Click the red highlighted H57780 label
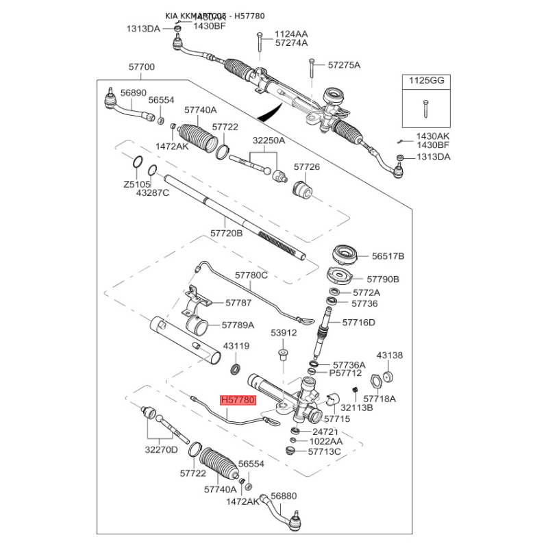point(237,399)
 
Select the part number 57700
point(142,67)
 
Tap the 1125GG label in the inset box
point(427,80)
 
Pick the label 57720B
point(227,233)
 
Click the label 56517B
point(388,256)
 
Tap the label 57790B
point(383,279)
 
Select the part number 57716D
point(359,321)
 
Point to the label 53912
point(283,333)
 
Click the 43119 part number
point(236,347)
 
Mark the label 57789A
point(238,325)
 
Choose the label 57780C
point(251,275)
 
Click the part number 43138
point(390,356)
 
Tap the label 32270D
point(161,450)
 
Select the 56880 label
point(284,496)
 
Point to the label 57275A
point(344,65)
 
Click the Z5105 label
point(136,185)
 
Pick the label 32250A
point(269,140)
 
